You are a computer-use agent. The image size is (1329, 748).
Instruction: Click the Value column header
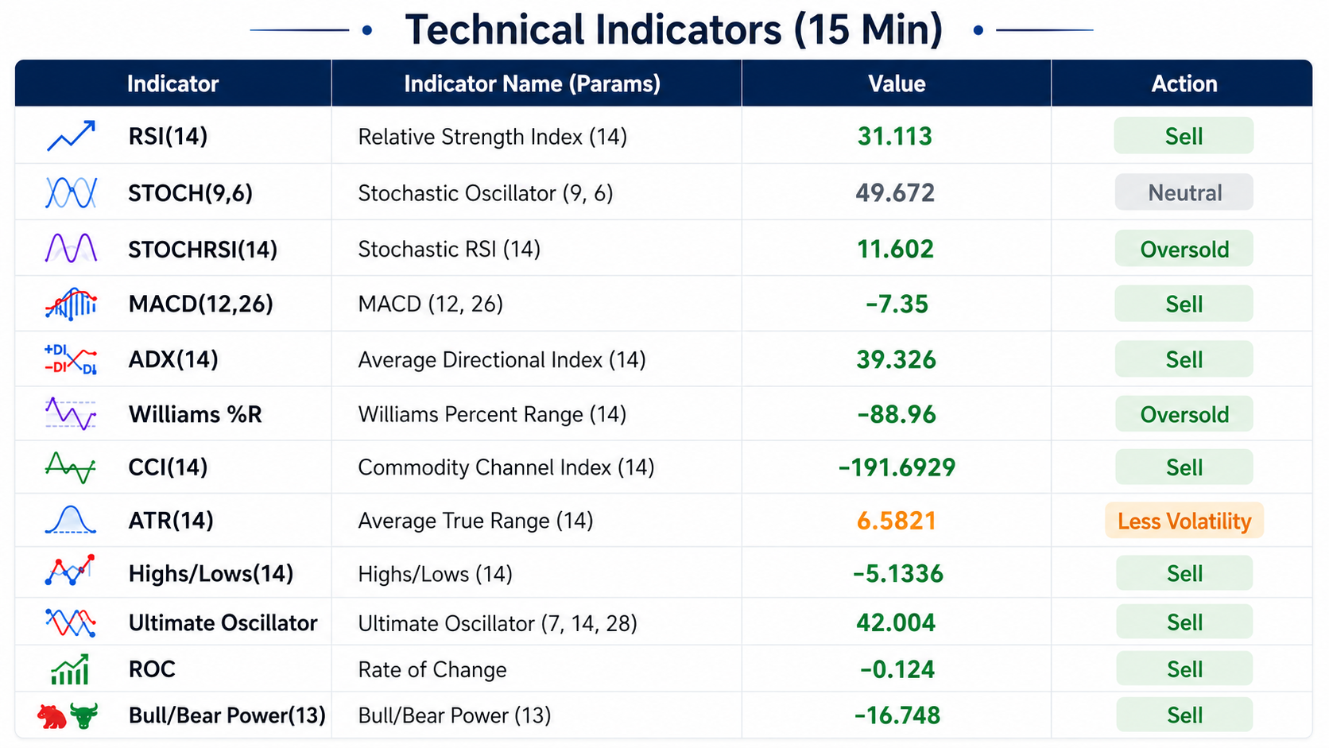tap(897, 83)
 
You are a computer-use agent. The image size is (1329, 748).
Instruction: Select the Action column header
tap(1184, 83)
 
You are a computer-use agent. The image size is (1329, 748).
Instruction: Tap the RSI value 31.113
tap(895, 137)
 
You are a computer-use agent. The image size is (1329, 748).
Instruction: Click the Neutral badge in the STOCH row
tap(1184, 192)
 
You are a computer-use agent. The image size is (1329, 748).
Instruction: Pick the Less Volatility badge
tap(1184, 521)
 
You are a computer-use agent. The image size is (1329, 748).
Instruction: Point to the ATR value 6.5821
tap(896, 521)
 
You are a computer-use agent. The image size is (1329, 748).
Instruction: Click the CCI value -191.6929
tap(897, 467)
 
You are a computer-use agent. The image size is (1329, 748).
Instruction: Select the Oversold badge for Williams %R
tap(1184, 414)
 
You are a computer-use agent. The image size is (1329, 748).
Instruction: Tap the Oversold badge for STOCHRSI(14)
tap(1184, 249)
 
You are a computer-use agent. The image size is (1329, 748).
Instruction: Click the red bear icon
tap(52, 716)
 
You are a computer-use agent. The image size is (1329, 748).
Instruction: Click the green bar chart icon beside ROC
tap(70, 669)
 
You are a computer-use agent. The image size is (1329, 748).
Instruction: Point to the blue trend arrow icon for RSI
tap(71, 136)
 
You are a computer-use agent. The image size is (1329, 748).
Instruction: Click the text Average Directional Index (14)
tap(502, 359)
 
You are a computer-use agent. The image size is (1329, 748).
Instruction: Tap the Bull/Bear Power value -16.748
tap(897, 715)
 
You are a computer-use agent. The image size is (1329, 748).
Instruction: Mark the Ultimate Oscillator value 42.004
tap(896, 623)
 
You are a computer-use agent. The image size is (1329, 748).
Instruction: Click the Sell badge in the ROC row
tap(1184, 669)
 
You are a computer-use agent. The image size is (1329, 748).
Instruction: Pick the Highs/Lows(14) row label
tap(211, 574)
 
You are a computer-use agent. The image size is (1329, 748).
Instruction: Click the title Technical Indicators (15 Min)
tap(673, 29)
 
